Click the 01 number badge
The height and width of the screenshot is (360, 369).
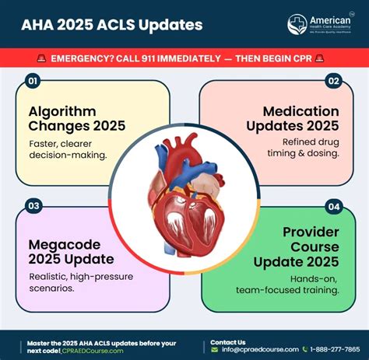(33, 80)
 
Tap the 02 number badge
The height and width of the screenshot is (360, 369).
(334, 80)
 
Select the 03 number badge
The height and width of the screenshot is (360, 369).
(33, 206)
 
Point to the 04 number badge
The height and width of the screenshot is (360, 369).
(334, 206)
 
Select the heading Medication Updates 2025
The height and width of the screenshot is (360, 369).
(292, 118)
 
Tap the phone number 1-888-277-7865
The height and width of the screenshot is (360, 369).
(333, 350)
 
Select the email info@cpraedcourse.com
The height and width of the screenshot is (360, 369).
(255, 350)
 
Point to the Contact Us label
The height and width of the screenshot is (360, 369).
(228, 341)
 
